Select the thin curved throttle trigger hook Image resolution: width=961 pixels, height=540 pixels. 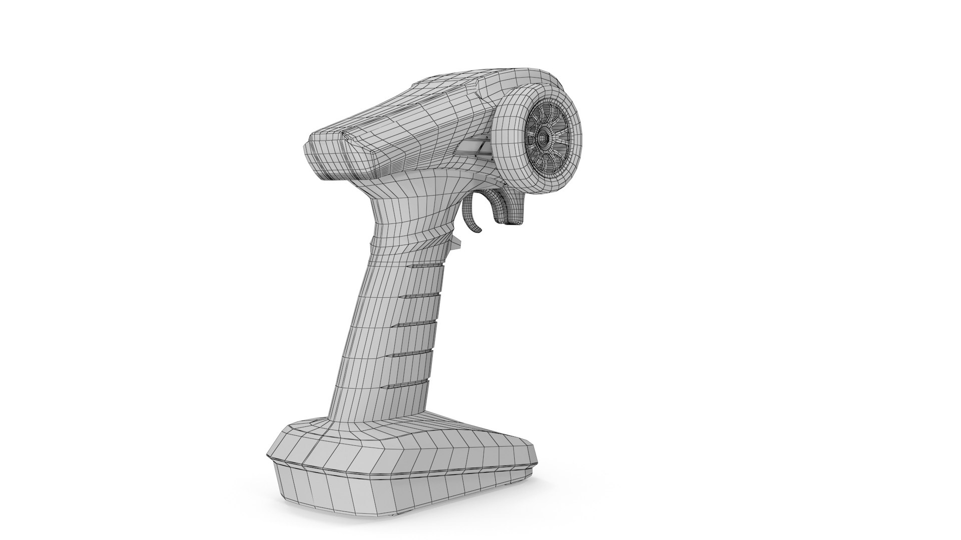(474, 215)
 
